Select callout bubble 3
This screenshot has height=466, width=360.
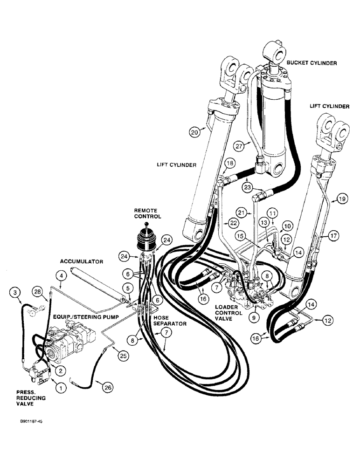(x=16, y=292)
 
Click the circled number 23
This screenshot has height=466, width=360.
(x=247, y=188)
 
